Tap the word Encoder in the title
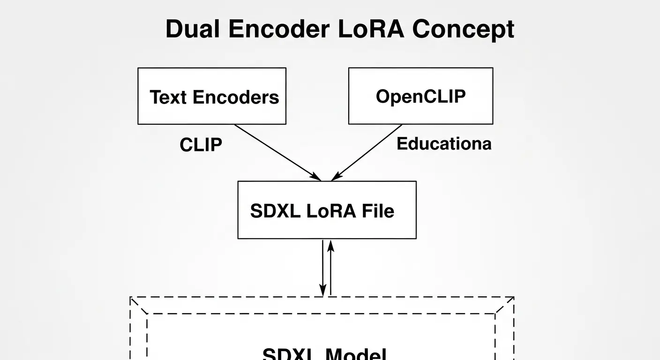(x=278, y=29)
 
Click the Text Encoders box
(x=211, y=96)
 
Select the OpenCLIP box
(x=420, y=96)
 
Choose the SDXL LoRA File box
(x=327, y=210)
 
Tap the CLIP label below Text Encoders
(x=201, y=145)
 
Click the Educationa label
(x=444, y=143)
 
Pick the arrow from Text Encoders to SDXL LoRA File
(x=277, y=152)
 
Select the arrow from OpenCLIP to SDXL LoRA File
(x=367, y=152)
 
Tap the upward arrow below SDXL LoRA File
(x=330, y=267)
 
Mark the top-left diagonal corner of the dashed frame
(x=139, y=305)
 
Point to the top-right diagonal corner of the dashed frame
(x=505, y=305)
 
